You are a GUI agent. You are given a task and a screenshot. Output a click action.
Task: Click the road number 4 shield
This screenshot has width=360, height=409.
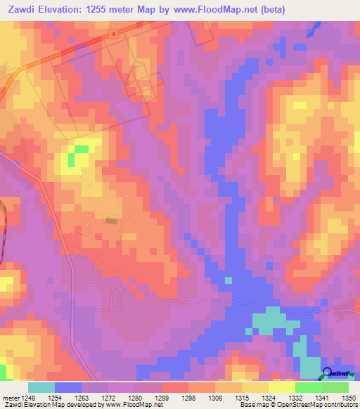coord(112,32)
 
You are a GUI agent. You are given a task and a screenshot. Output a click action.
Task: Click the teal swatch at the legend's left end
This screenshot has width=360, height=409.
coord(41,387)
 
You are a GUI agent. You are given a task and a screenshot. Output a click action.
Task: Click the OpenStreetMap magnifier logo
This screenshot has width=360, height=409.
coord(328,374)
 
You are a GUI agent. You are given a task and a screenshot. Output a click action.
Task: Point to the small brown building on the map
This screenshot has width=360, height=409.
coord(111,221)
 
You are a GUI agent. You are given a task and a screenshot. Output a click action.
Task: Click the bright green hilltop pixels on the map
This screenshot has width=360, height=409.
coord(81,149)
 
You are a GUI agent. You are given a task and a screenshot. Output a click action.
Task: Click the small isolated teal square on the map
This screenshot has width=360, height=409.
coord(228,280)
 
